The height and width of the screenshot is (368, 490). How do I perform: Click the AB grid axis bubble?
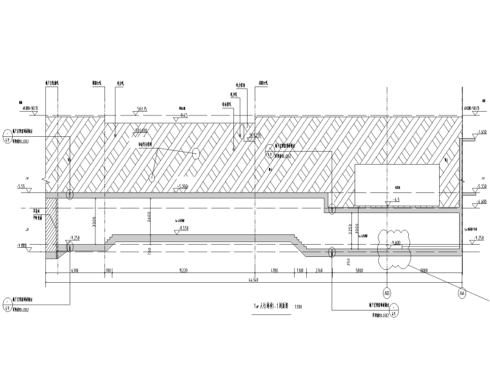(x=387, y=292)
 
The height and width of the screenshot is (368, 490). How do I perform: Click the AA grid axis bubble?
(x=462, y=293)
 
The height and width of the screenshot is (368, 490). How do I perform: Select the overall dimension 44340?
(x=254, y=279)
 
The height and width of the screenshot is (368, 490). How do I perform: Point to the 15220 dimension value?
(x=183, y=271)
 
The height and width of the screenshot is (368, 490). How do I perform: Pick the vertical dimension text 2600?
(x=149, y=218)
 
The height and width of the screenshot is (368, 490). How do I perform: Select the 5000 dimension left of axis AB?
(x=359, y=271)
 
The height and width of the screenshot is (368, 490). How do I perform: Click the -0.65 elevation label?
(x=183, y=115)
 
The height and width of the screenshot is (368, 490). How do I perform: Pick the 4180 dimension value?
(x=274, y=271)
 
